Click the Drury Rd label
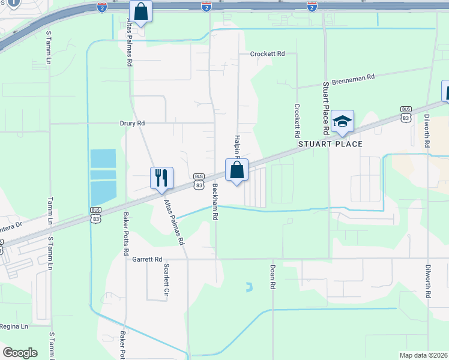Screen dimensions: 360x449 tap(132, 123)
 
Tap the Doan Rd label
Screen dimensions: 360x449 tap(273, 278)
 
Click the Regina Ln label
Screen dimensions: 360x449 tap(14, 326)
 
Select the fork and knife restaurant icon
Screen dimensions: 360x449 tap(161, 178)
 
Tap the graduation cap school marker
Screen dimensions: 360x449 tap(342, 122)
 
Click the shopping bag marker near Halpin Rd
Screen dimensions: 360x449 tap(237, 170)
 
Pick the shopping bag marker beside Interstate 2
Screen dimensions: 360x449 tap(140, 11)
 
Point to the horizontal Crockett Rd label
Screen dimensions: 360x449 tap(267, 53)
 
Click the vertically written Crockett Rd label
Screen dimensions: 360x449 tap(297, 118)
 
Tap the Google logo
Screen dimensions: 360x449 tap(20, 353)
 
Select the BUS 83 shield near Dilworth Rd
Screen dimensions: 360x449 tap(406, 114)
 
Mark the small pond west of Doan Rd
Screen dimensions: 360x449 tap(248, 287)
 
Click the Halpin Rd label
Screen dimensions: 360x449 tap(237, 147)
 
